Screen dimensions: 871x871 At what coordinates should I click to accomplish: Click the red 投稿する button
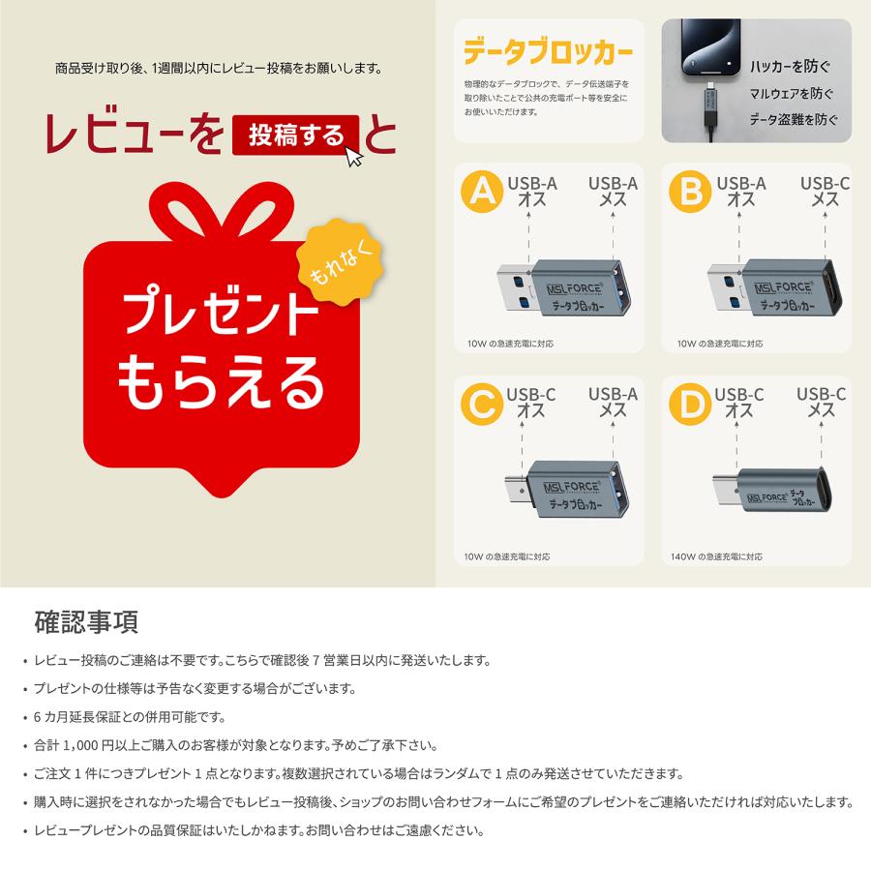point(295,136)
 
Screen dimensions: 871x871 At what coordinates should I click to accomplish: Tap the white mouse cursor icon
point(355,156)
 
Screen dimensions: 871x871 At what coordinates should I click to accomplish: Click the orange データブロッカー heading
point(549,49)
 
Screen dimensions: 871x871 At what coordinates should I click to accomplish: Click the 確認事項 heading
point(86,619)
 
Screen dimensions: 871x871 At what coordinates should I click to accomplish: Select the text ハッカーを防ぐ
point(791,68)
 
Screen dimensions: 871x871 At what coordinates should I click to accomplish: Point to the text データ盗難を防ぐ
point(794,121)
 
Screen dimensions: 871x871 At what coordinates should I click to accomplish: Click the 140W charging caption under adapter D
point(717,556)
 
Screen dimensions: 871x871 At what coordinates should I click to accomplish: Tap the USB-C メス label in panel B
point(825,192)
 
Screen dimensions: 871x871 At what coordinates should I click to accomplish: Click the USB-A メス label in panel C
point(613,403)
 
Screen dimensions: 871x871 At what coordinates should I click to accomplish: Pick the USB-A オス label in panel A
point(531,192)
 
